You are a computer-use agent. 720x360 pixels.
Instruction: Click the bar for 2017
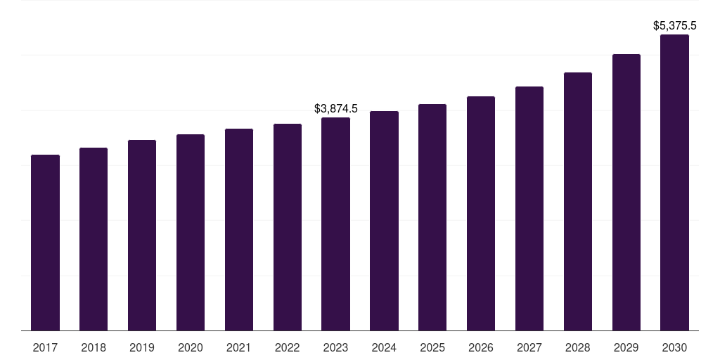[45, 243]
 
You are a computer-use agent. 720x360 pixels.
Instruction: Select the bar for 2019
[142, 235]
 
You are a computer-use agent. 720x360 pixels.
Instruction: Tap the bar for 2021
[239, 229]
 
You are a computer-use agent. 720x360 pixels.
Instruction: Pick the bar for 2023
[335, 224]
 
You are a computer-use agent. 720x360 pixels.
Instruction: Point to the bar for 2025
[432, 217]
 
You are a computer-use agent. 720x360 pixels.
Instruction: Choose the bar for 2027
[529, 208]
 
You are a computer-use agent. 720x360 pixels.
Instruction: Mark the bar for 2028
[578, 201]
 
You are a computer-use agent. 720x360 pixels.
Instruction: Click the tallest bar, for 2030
[674, 182]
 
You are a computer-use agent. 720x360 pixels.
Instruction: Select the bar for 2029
[626, 192]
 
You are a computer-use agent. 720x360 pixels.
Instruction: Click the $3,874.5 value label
[336, 109]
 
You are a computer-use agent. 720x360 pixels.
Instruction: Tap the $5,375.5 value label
[675, 26]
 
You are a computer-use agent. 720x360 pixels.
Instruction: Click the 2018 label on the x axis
[94, 347]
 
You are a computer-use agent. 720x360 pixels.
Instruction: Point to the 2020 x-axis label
[191, 347]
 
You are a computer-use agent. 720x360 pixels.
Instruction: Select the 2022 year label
[288, 347]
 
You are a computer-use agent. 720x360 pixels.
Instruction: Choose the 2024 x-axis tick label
[384, 347]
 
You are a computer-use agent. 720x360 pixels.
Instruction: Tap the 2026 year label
[481, 347]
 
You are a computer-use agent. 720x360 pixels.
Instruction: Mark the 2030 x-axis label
[674, 347]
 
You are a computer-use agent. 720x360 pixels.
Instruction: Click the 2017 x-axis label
[45, 347]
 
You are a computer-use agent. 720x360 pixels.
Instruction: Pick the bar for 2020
[191, 232]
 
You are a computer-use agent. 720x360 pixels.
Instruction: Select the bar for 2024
[384, 221]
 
